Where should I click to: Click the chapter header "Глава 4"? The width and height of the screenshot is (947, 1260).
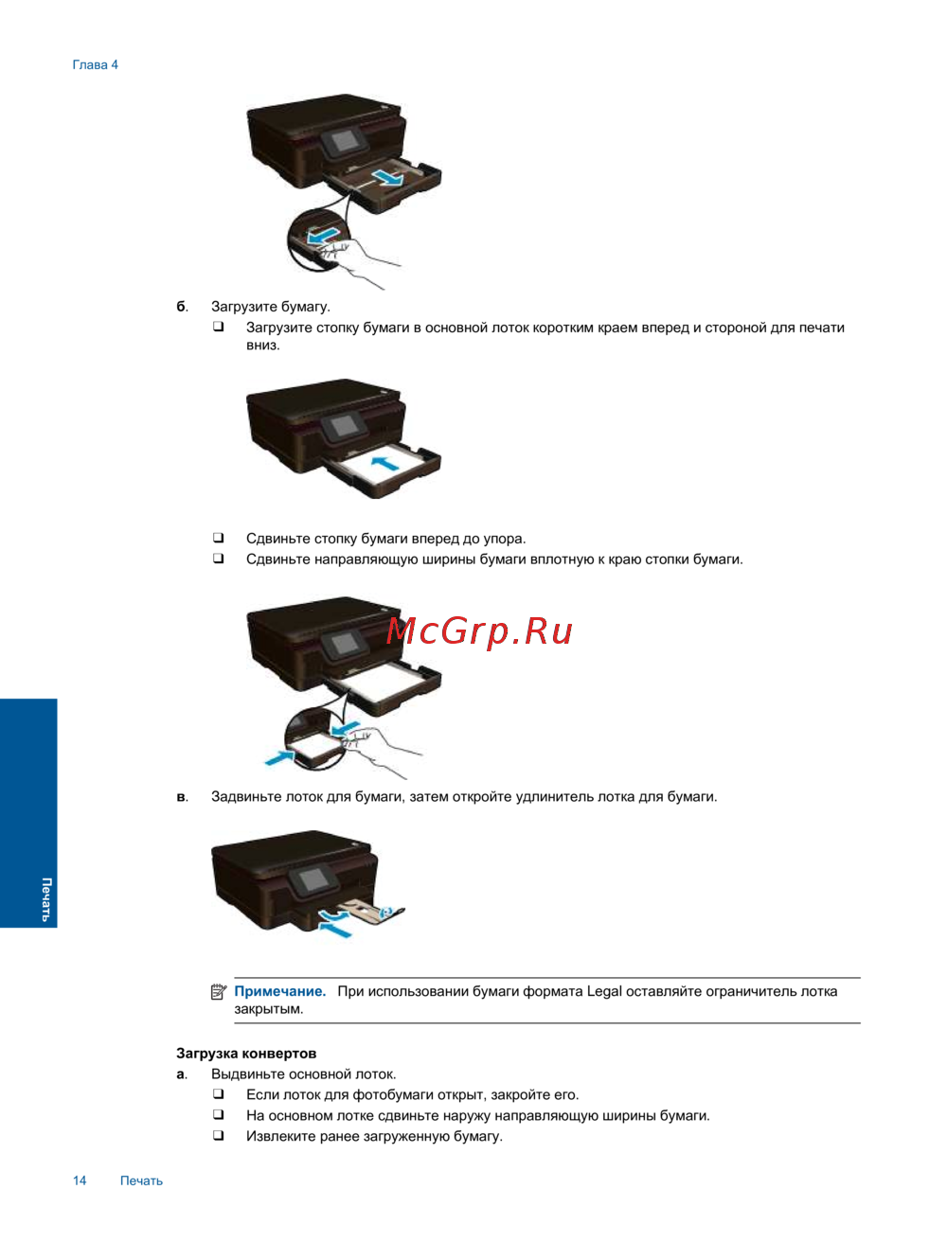click(x=96, y=65)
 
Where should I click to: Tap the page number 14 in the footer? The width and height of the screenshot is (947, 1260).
click(x=80, y=1180)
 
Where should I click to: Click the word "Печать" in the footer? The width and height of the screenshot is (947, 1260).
click(x=141, y=1180)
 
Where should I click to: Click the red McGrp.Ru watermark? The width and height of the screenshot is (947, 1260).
click(x=479, y=632)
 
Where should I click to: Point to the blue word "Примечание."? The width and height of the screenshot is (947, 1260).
click(x=280, y=991)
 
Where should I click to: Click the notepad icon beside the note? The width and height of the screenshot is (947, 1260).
click(x=219, y=991)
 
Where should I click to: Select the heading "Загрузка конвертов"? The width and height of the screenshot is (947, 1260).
click(x=246, y=1054)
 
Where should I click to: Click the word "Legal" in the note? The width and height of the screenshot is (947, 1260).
click(x=604, y=992)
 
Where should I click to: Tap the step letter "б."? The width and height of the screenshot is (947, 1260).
click(x=182, y=307)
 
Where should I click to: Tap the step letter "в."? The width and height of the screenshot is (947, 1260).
click(x=182, y=797)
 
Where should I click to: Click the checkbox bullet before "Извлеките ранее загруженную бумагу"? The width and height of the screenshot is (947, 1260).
click(x=218, y=1135)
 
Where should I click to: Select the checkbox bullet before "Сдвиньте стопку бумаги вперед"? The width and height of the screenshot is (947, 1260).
click(x=218, y=538)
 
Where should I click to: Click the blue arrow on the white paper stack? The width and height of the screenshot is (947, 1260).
click(x=385, y=461)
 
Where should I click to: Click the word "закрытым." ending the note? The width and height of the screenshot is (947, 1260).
click(x=269, y=1009)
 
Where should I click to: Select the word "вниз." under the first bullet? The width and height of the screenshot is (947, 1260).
click(x=263, y=346)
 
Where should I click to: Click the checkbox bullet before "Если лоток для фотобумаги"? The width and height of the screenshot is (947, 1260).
click(x=218, y=1093)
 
